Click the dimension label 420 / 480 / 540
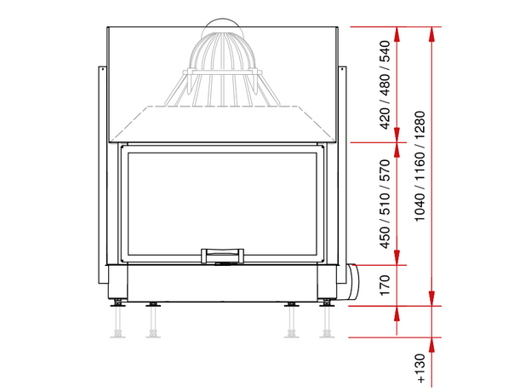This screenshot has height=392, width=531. click(385, 84)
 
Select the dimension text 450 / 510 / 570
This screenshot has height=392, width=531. click(385, 204)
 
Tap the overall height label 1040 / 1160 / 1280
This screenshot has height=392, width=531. click(420, 166)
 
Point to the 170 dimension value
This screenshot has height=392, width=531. click(385, 285)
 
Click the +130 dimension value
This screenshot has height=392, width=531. click(420, 368)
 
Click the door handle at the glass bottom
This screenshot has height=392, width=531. click(222, 256)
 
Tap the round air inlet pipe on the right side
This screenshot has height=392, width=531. click(351, 283)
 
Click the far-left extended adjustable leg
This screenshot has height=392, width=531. click(117, 319)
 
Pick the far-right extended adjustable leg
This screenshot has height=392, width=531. click(327, 319)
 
